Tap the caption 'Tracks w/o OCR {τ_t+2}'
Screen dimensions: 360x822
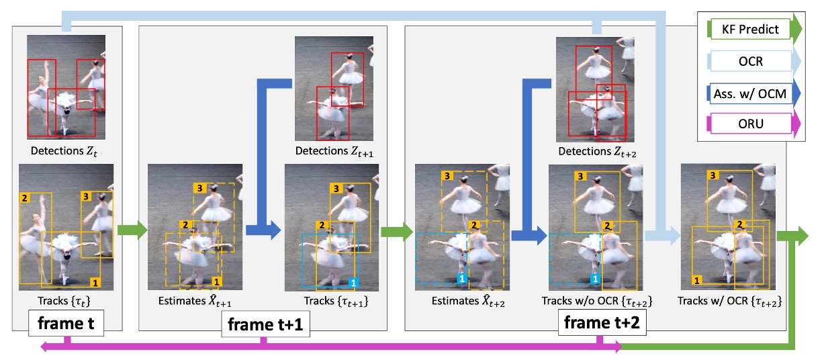[596, 301]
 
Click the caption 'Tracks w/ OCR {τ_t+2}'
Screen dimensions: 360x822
[729, 301]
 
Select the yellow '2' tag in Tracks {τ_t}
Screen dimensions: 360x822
[25, 199]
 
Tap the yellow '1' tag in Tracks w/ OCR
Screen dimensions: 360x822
[698, 280]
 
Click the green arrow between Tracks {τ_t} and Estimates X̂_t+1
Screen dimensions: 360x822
[131, 230]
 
